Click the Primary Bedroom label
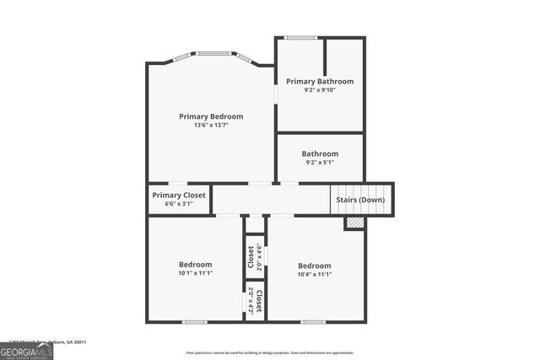[x=211, y=116]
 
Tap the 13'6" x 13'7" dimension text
[x=211, y=126]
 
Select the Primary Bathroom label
[x=320, y=81]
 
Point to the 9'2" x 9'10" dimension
[x=320, y=90]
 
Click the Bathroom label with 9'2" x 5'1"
[x=320, y=153]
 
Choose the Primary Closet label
[x=179, y=195]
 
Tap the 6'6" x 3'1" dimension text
[x=179, y=203]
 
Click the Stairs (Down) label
[x=361, y=200]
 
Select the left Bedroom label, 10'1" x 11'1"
[x=195, y=264]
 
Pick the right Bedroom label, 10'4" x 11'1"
[x=314, y=264]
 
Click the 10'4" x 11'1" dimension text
[x=314, y=273]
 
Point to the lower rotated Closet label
[x=259, y=301]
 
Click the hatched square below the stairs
[x=354, y=223]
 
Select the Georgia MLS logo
[x=27, y=351]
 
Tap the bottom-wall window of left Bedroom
[x=195, y=321]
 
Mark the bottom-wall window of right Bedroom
[x=313, y=321]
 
